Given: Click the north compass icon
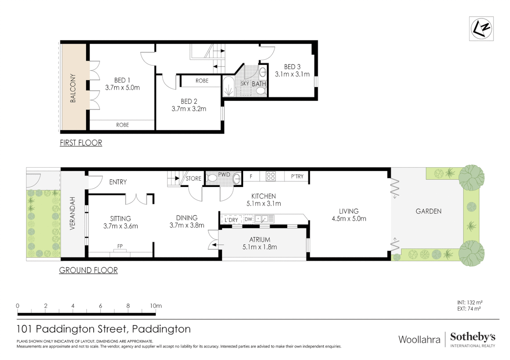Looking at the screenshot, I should (x=481, y=29).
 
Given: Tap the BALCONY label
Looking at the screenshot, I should (x=73, y=88).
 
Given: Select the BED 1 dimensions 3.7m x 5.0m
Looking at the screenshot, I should (x=122, y=88).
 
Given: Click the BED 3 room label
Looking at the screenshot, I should (x=292, y=67).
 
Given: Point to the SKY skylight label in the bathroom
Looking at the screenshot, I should (x=245, y=84).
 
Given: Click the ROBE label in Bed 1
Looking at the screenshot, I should (x=122, y=125).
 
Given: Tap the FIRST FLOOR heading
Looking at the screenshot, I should (x=81, y=143).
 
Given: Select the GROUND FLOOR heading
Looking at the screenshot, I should (x=88, y=270).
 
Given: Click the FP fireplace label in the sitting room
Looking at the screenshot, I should (x=120, y=246).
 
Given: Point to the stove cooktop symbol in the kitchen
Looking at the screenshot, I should (x=271, y=176).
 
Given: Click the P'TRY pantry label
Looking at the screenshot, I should (x=297, y=176).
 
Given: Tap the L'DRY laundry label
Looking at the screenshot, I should (x=231, y=220).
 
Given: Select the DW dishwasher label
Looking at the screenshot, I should (x=248, y=219).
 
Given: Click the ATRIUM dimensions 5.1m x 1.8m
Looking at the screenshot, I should (x=260, y=247).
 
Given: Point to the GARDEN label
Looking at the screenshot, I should (x=428, y=211).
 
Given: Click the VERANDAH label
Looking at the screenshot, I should (x=72, y=213).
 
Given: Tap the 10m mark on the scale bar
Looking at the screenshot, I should (x=155, y=306).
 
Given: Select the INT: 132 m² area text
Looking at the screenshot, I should (x=470, y=303).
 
